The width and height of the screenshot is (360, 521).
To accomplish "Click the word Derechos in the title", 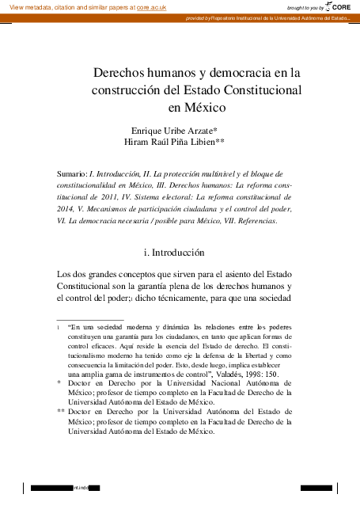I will tap(120, 72).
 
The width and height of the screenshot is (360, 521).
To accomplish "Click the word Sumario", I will tap(72, 173).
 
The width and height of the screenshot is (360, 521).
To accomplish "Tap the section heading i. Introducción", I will tap(180, 253).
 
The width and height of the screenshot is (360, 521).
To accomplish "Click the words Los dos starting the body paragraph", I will tap(70, 274).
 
